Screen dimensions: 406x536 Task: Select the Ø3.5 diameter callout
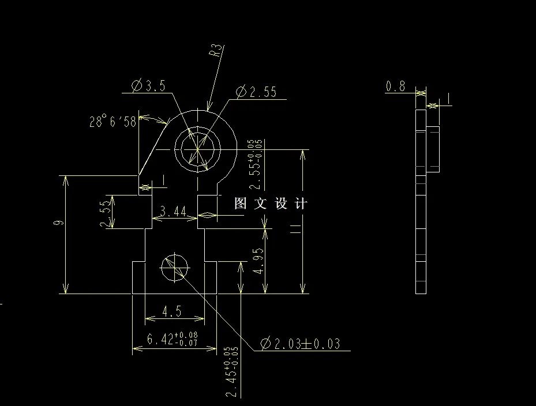pos(148,87)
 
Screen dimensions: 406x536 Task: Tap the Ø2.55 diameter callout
pos(256,92)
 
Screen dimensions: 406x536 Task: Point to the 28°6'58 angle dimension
pos(113,122)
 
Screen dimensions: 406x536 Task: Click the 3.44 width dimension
pos(173,212)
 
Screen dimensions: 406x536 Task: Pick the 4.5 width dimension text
pos(172,312)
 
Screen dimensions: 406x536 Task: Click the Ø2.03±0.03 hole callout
pos(300,344)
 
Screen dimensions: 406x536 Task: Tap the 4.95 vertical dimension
pos(258,261)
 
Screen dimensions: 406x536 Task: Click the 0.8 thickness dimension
pos(395,87)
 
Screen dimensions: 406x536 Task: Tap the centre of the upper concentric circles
pos(197,149)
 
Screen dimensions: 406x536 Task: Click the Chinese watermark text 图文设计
pos(271,204)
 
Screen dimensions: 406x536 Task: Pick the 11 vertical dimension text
pos(296,230)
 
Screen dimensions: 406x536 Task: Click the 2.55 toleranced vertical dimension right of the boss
pos(254,164)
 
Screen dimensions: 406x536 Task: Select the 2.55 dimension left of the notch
pos(104,213)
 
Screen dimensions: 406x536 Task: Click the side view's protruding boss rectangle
pos(433,149)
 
